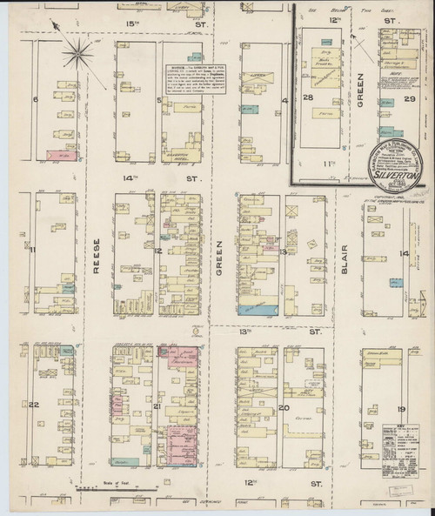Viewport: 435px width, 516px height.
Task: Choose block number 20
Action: [284, 406]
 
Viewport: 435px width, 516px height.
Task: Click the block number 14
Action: [403, 253]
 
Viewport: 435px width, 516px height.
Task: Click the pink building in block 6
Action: [57, 153]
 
